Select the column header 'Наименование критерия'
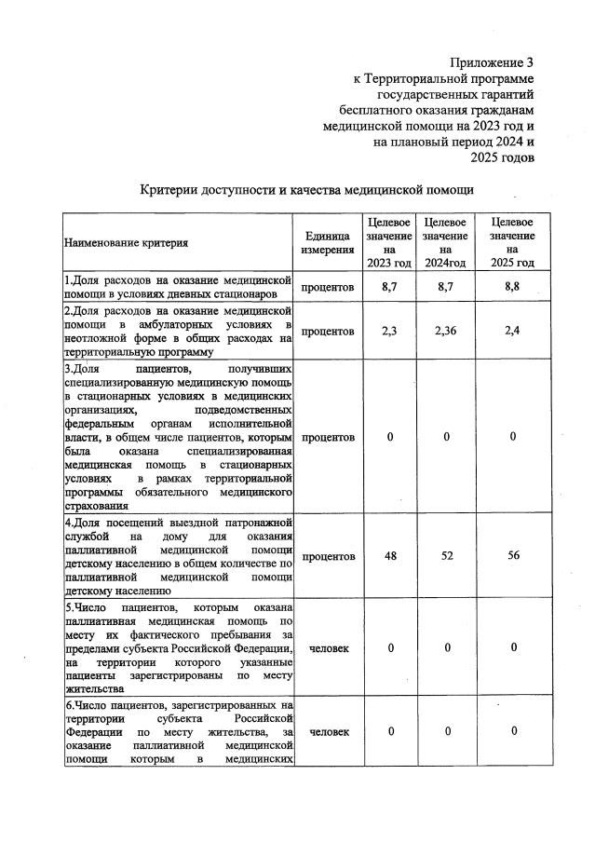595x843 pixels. click(126, 243)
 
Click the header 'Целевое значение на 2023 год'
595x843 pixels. click(389, 243)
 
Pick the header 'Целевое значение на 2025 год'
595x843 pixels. click(511, 243)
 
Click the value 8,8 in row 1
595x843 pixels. click(511, 287)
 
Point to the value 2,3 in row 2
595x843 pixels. click(389, 330)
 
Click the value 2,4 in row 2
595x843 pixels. click(511, 330)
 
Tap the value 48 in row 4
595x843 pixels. click(389, 556)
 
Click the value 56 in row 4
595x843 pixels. click(511, 556)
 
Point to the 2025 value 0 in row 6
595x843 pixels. click(511, 731)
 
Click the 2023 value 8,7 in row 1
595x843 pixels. click(389, 287)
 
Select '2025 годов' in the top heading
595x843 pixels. click(502, 157)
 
